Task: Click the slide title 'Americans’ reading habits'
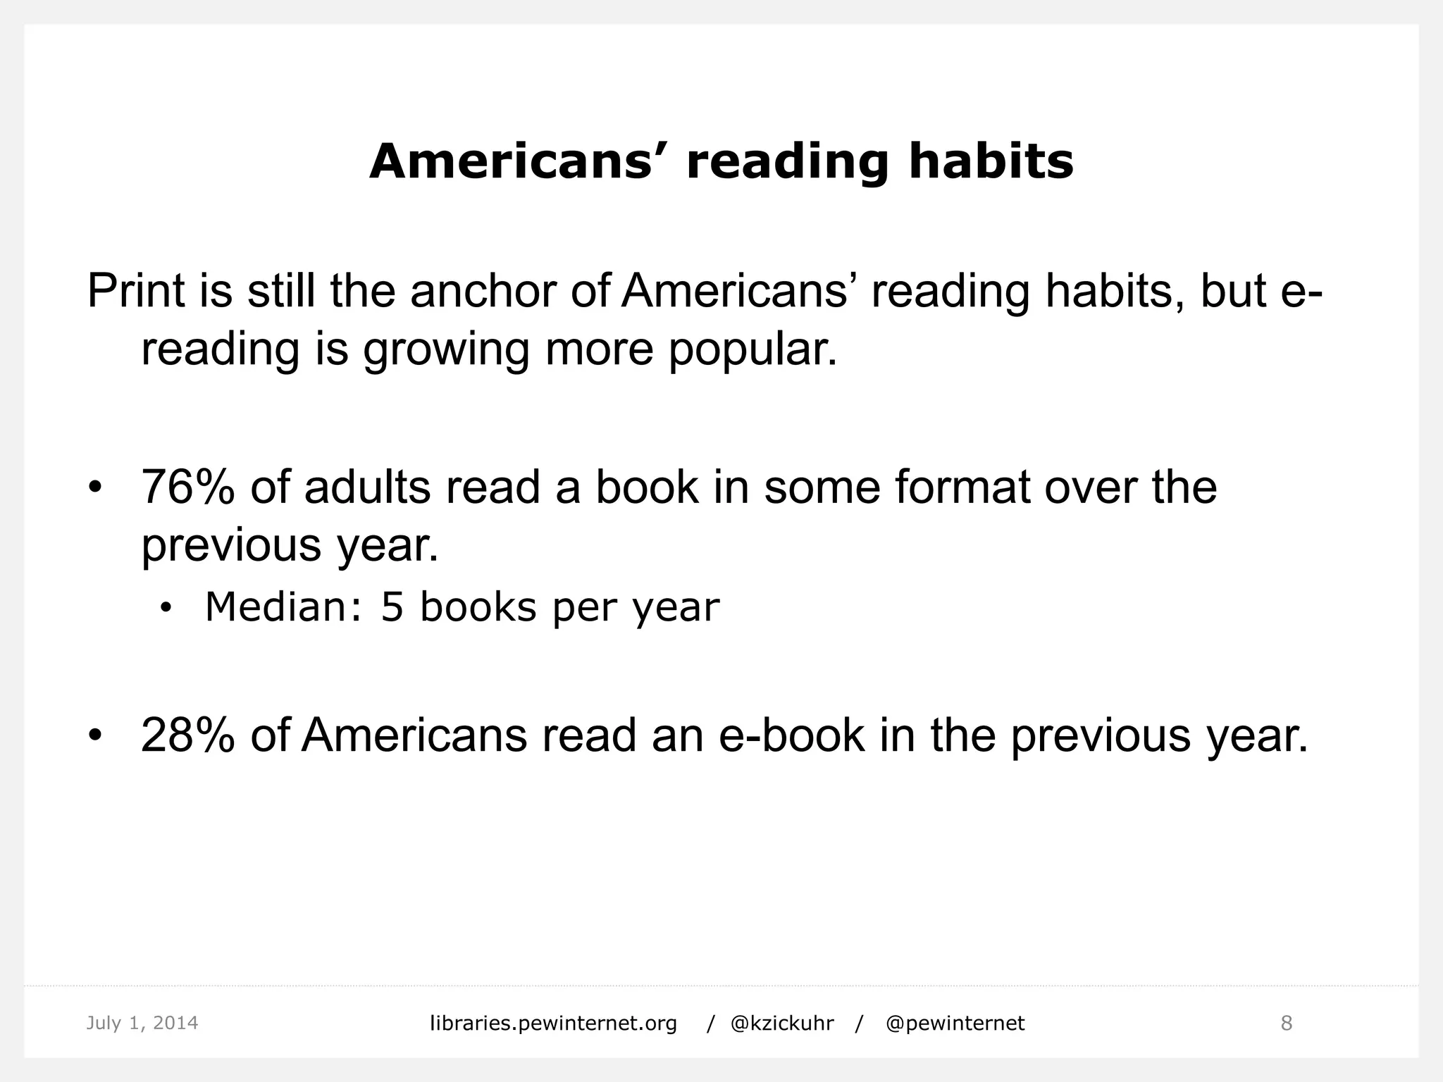[721, 162]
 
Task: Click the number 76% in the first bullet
[187, 487]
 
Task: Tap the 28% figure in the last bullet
[187, 735]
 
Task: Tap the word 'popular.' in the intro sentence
[753, 350]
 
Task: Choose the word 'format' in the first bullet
[962, 487]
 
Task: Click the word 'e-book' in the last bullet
[791, 735]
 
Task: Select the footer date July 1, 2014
[142, 1023]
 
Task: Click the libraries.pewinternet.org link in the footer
[553, 1024]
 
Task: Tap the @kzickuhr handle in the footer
[782, 1024]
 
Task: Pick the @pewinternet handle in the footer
[955, 1024]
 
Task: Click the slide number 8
[1286, 1024]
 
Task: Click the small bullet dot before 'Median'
[166, 609]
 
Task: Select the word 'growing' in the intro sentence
[446, 350]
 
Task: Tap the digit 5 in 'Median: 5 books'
[392, 607]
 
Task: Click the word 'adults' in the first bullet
[367, 487]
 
